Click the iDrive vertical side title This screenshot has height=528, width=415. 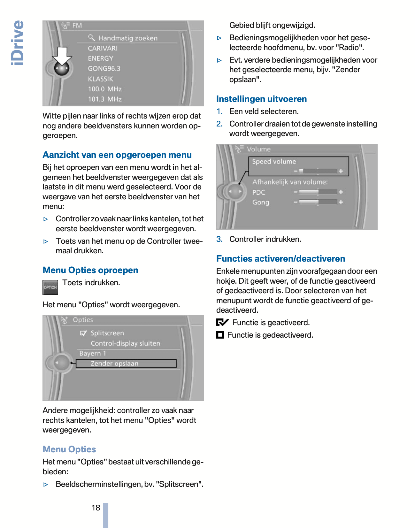(x=17, y=43)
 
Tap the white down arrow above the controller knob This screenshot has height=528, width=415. (x=62, y=55)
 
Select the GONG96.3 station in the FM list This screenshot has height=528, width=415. (x=104, y=69)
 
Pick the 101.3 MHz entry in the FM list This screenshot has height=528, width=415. (x=105, y=99)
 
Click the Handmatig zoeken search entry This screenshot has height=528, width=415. (x=127, y=38)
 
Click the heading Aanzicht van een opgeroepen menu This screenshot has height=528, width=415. (x=117, y=155)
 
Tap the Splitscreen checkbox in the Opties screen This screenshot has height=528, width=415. (x=83, y=333)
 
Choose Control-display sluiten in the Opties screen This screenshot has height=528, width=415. (x=125, y=343)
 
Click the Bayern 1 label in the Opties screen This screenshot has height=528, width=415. (x=93, y=354)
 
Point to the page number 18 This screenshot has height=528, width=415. (x=96, y=508)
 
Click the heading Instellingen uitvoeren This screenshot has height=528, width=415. (x=261, y=99)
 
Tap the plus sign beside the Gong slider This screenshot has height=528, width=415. (x=341, y=202)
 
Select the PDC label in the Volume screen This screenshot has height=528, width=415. (x=259, y=192)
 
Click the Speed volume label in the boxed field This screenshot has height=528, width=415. (x=274, y=162)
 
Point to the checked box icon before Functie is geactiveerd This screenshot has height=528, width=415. (x=222, y=322)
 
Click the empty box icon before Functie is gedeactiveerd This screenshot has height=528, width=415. (x=220, y=335)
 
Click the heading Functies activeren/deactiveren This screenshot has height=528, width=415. (x=281, y=259)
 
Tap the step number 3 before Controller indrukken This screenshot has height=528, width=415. (x=219, y=239)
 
